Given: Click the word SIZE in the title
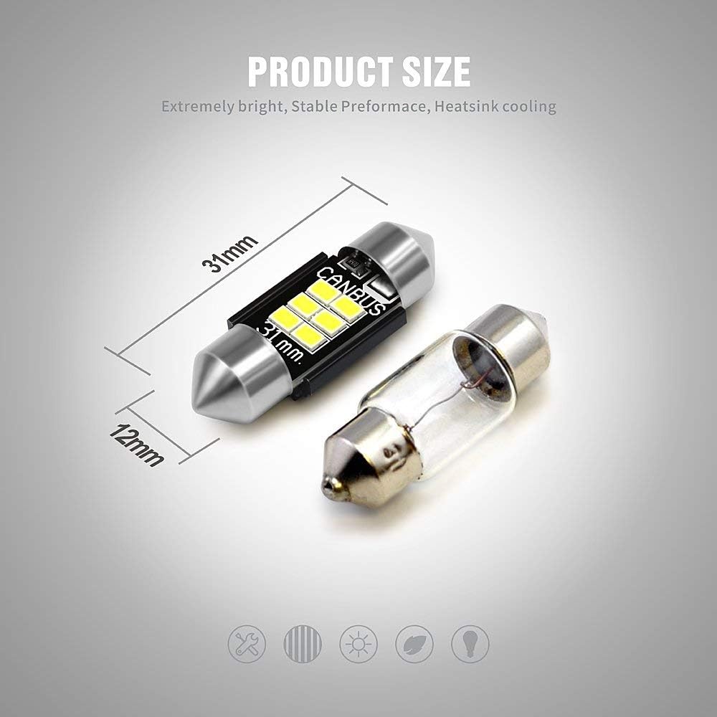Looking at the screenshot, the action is click(436, 71).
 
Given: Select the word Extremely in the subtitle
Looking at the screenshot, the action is click(198, 107).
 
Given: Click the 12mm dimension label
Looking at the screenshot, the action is click(137, 445).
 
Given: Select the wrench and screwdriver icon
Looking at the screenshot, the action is click(247, 644).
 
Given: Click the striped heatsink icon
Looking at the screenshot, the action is click(303, 644).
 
